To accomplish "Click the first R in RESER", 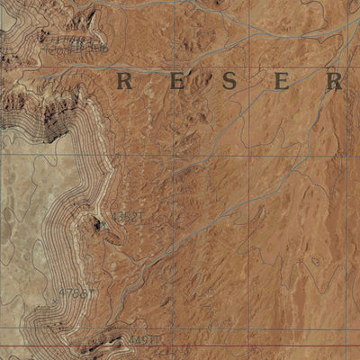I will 126,82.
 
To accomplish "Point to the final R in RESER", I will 335,82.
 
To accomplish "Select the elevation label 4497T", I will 144,339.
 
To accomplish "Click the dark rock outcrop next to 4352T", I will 97,226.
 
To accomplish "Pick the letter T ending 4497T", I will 156,339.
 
